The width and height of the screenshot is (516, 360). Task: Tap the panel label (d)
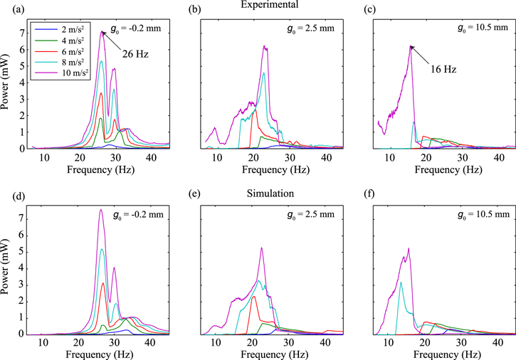coord(11,194)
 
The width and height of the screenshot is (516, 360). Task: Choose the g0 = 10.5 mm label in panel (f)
coord(481,214)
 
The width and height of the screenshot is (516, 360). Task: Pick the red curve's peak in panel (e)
coord(254,297)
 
